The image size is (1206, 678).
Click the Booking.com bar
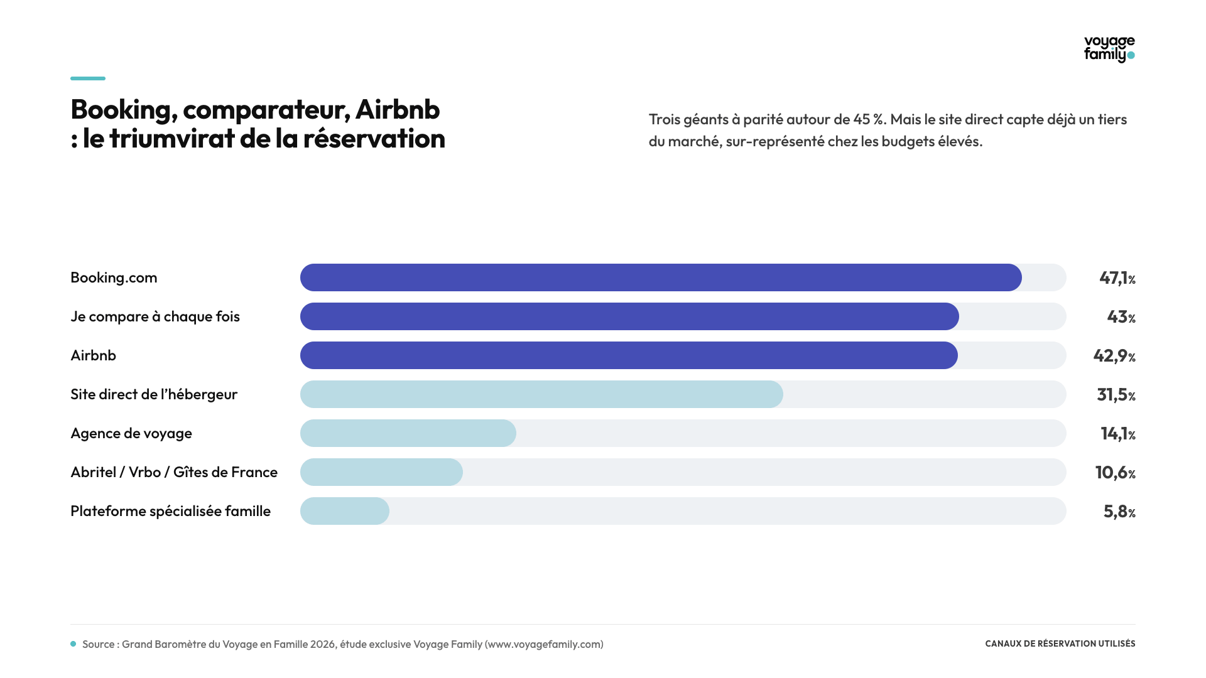[661, 277]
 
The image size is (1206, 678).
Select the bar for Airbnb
[629, 355]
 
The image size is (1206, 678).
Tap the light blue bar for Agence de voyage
[408, 433]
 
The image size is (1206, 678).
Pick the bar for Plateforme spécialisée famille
[345, 511]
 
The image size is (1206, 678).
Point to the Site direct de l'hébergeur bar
[541, 394]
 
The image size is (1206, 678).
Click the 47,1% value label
[1117, 278]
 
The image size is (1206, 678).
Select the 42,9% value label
[1114, 356]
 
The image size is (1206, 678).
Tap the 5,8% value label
[1119, 512]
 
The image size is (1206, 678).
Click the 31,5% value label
[1116, 395]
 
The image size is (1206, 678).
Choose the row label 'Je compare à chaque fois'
[155, 316]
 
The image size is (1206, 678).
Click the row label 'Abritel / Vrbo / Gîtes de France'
[174, 472]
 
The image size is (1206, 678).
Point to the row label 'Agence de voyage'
[131, 434]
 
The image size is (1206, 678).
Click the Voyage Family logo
[1109, 49]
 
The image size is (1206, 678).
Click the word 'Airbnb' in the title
[398, 109]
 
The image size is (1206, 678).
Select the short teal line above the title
[88, 78]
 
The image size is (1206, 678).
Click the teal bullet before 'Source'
[73, 644]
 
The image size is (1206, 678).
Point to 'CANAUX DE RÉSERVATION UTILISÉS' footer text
[1060, 643]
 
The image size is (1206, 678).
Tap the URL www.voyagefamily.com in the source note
[544, 644]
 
